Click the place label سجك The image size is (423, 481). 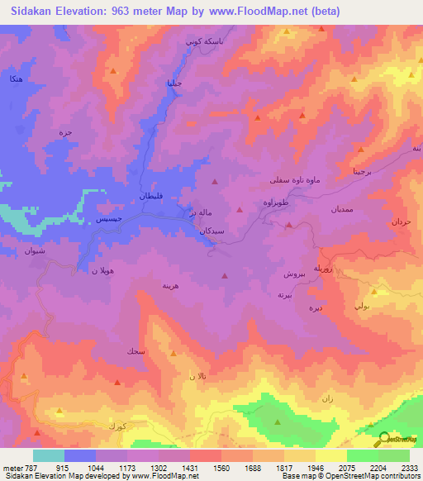(x=134, y=351)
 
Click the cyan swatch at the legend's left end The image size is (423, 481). (x=49, y=455)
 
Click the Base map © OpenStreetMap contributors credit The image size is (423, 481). (x=350, y=476)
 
